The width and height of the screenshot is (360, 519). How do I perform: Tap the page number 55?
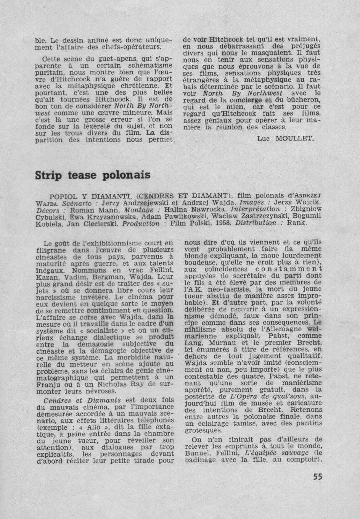[x=317, y=477]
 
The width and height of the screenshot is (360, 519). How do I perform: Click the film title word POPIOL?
[x=65, y=196]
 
